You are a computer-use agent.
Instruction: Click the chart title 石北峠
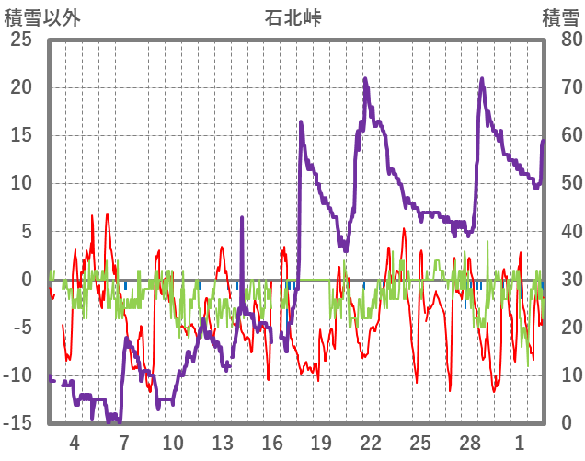[293, 17]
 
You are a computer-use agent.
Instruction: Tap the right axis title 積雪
[559, 17]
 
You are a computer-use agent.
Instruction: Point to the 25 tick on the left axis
[20, 40]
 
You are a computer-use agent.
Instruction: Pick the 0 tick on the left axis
[26, 279]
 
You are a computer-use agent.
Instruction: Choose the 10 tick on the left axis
[20, 183]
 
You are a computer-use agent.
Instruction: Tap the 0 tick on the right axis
[564, 422]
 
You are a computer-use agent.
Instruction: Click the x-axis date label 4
[74, 442]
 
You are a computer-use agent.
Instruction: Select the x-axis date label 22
[371, 442]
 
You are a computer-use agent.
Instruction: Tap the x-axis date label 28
[470, 442]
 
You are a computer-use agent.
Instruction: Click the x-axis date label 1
[520, 442]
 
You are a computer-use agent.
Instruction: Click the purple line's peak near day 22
[365, 79]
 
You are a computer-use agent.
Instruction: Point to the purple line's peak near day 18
[301, 121]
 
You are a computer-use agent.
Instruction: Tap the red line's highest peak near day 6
[108, 215]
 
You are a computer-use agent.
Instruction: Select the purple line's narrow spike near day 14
[242, 218]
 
